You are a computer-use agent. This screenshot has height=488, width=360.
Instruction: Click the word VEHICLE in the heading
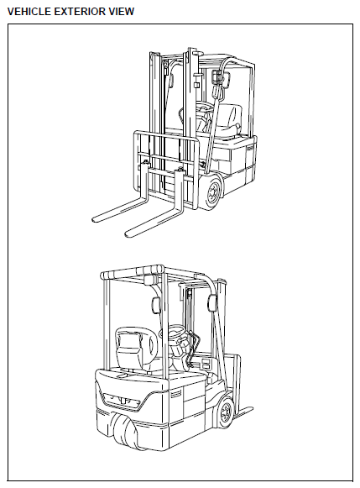tap(29, 12)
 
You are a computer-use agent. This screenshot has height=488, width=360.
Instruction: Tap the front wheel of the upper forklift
tap(213, 192)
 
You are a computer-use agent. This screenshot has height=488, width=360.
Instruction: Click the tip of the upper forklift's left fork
tap(94, 218)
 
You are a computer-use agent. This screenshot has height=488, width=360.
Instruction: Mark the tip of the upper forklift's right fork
tap(128, 234)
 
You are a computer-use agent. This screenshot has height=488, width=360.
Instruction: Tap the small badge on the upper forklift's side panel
tap(250, 149)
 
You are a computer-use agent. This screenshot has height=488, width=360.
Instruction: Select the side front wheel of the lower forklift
tap(225, 412)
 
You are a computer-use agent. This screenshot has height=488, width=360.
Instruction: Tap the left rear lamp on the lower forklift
tap(155, 304)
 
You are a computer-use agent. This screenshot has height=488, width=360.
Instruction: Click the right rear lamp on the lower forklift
tap(211, 302)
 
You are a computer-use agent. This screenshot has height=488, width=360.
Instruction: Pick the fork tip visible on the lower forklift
tap(248, 410)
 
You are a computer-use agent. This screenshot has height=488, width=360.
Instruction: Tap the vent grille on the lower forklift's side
tap(175, 394)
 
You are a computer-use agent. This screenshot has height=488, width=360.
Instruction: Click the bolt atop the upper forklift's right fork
tap(180, 170)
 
